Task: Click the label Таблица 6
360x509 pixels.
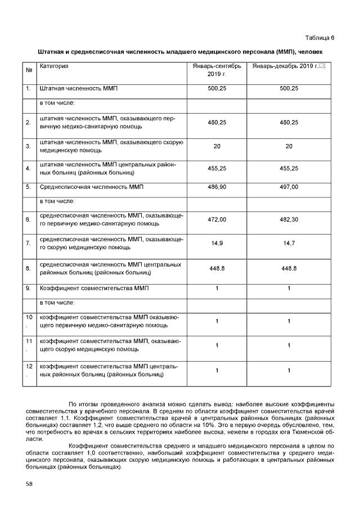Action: [319, 38]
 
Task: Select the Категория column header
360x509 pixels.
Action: [54, 67]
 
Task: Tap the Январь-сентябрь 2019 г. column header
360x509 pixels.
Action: [217, 70]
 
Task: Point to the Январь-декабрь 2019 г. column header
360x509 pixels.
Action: [285, 67]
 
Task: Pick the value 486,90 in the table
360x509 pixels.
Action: [217, 186]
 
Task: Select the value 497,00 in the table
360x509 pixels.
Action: [289, 186]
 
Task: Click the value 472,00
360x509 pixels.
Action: [217, 219]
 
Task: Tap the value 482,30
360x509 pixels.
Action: [289, 219]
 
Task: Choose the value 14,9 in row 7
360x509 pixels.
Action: [217, 243]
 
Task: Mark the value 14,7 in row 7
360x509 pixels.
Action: [289, 243]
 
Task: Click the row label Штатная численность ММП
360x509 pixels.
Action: [78, 89]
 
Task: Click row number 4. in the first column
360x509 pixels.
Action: [28, 169]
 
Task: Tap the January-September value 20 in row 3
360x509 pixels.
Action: [217, 146]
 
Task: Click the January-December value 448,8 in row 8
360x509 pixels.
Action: [289, 268]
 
